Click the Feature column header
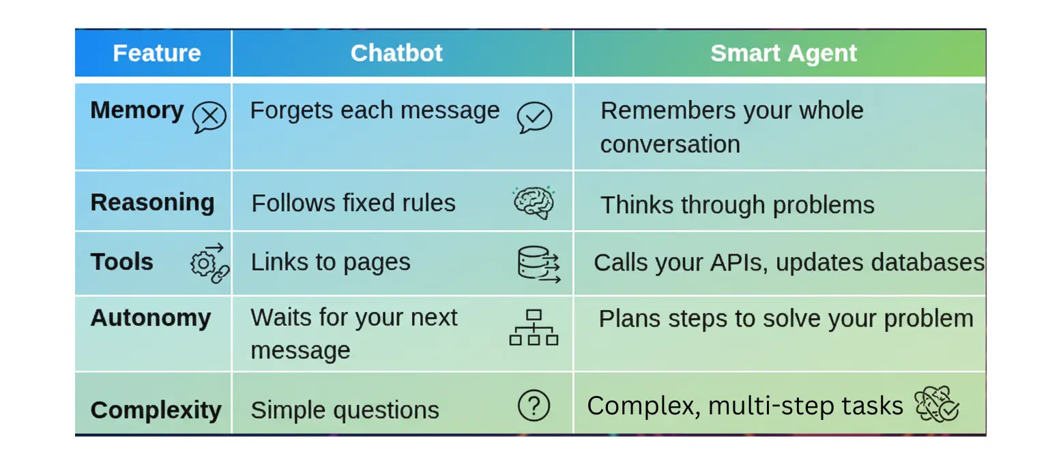(156, 53)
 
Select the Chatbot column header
(396, 53)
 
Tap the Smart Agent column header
(783, 53)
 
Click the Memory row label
(136, 110)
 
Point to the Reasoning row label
(152, 202)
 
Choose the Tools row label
(122, 262)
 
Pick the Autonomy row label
(150, 318)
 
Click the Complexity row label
(156, 410)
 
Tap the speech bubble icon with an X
(209, 117)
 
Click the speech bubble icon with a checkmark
(534, 117)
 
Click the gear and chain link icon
(209, 263)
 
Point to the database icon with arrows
(538, 264)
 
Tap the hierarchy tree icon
(534, 327)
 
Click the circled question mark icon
(534, 406)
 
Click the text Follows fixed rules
(353, 203)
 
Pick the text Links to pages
(330, 262)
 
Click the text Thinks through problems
(737, 204)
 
